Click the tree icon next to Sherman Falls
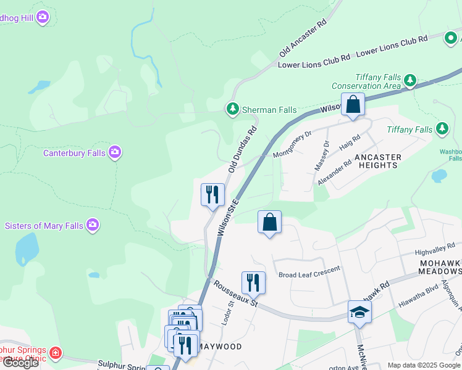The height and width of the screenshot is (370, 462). pyautogui.click(x=232, y=109)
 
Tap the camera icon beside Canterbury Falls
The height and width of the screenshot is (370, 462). pyautogui.click(x=115, y=152)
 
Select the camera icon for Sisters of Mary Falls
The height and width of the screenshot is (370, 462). pyautogui.click(x=93, y=225)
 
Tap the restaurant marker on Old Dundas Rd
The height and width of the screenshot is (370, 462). pyautogui.click(x=212, y=194)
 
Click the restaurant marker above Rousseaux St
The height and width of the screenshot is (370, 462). pyautogui.click(x=253, y=282)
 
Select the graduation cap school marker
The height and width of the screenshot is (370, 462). pyautogui.click(x=359, y=313)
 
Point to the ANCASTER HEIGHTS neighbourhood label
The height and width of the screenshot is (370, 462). pyautogui.click(x=377, y=162)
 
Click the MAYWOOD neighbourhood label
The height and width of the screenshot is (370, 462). pyautogui.click(x=220, y=347)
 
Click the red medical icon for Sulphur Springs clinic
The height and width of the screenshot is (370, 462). pyautogui.click(x=56, y=353)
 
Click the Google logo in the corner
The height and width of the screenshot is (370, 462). pyautogui.click(x=20, y=363)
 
